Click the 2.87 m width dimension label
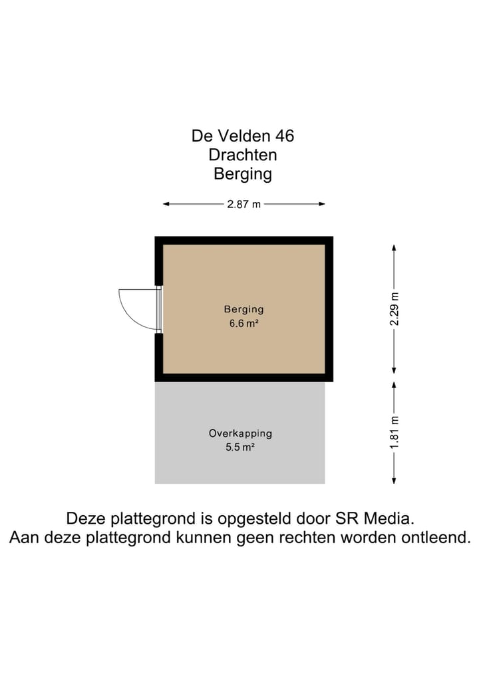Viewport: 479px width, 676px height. [x=243, y=204]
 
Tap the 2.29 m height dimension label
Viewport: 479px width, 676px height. [x=395, y=309]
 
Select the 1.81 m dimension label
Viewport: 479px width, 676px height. [x=395, y=433]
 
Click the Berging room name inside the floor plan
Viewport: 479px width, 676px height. [x=243, y=309]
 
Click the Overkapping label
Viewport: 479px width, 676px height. [x=240, y=433]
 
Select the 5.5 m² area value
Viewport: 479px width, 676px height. [x=240, y=448]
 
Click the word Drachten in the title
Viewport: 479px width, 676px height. [x=243, y=155]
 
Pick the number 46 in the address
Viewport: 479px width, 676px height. [x=284, y=136]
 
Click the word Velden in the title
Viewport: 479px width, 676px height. [x=242, y=136]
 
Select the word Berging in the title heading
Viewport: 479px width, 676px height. [x=243, y=174]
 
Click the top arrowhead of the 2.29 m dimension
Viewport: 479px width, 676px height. [x=395, y=247]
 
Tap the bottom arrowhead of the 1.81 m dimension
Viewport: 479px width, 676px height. [x=395, y=481]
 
